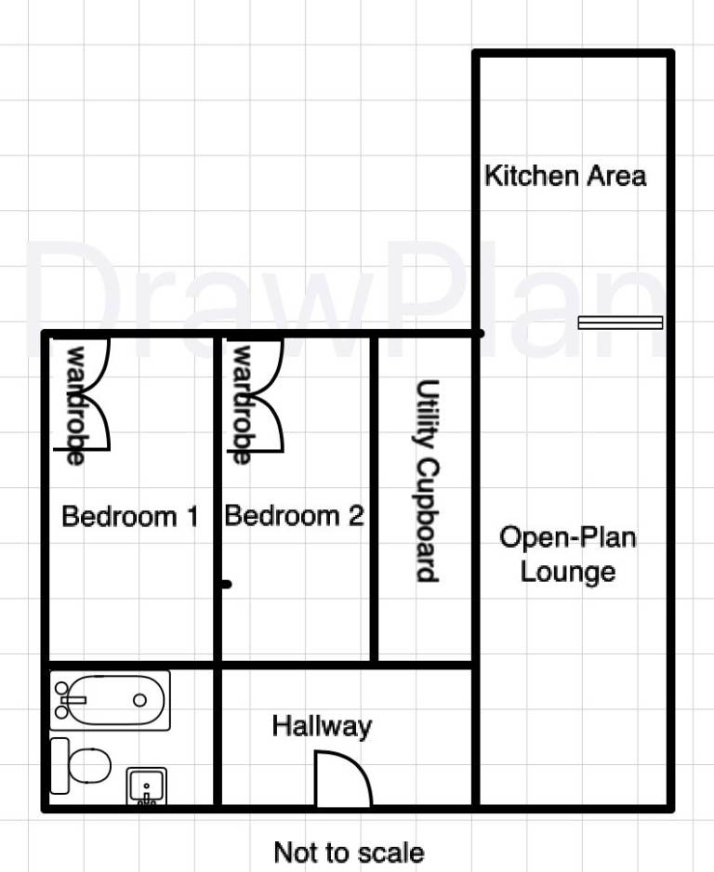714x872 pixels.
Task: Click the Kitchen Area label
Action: [x=565, y=176]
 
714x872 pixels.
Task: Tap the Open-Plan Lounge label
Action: [x=568, y=554]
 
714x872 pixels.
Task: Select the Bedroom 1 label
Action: [x=130, y=516]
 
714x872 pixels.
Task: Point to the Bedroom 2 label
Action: [x=294, y=516]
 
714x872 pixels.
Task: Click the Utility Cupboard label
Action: [x=429, y=481]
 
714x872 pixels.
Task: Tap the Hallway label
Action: [x=322, y=727]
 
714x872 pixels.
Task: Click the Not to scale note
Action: [x=350, y=852]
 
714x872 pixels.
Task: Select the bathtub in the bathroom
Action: [x=110, y=700]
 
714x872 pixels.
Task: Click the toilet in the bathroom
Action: [x=81, y=766]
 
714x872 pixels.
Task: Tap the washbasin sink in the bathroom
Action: [x=146, y=786]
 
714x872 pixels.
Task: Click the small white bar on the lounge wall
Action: [x=621, y=323]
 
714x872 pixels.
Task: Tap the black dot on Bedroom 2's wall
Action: [x=226, y=585]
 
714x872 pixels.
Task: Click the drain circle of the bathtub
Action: [x=139, y=700]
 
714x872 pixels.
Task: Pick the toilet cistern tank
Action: [x=59, y=766]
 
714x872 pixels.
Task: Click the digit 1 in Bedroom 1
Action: [x=192, y=516]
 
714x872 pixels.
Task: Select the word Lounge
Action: [x=568, y=573]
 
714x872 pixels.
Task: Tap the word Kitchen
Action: [x=532, y=176]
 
